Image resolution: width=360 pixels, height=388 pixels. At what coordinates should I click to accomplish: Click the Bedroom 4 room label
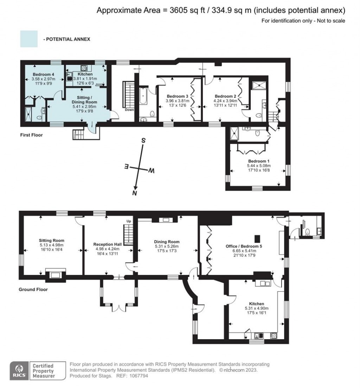click(x=43, y=75)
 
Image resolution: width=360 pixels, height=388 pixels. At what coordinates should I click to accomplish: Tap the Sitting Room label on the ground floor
click(x=51, y=240)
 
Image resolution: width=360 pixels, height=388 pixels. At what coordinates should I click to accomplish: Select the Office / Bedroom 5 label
click(x=244, y=246)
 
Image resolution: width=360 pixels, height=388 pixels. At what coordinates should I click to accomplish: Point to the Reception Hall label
click(x=108, y=244)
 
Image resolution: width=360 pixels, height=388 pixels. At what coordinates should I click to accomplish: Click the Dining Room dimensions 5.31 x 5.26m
click(x=167, y=246)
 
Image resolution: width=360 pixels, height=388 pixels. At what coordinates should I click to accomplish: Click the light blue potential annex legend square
click(x=29, y=39)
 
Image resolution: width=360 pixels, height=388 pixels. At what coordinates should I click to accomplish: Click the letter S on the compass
click(x=143, y=141)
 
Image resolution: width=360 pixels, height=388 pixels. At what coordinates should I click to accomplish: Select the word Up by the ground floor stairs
click(x=129, y=221)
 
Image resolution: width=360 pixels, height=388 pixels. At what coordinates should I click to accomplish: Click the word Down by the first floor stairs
click(x=129, y=110)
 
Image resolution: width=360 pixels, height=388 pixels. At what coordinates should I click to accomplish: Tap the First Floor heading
click(x=31, y=135)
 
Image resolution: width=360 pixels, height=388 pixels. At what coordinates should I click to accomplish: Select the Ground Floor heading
click(x=33, y=289)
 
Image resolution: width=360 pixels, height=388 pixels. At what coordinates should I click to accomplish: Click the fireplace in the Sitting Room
click(x=56, y=274)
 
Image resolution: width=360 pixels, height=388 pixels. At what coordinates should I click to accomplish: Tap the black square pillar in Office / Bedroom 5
click(x=258, y=239)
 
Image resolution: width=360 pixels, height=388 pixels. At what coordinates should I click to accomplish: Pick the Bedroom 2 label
click(x=225, y=96)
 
